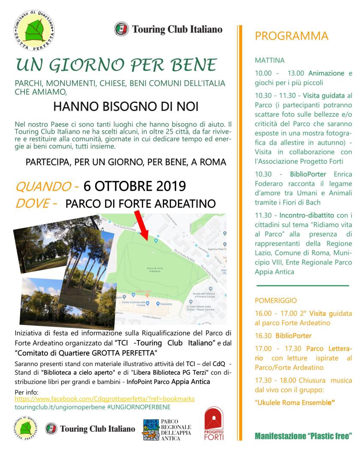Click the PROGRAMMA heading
291,36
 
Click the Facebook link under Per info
105,399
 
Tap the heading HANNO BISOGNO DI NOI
120,106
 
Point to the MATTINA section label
270,61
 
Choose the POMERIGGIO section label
276,301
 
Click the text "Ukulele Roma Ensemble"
294,403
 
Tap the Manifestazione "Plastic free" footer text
303,436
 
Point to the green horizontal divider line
303,285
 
